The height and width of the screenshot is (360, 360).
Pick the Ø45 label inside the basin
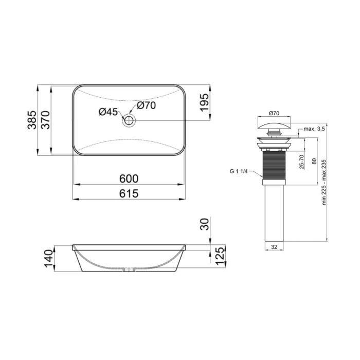pyautogui.click(x=109, y=112)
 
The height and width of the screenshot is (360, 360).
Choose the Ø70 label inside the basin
pyautogui.click(x=146, y=106)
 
